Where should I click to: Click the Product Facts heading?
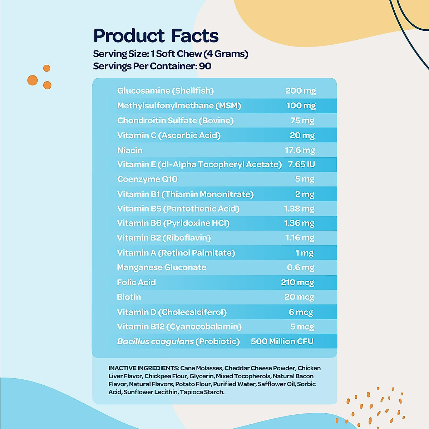(x=156, y=36)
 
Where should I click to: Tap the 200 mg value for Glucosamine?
(x=300, y=91)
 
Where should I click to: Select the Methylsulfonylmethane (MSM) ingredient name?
(x=179, y=106)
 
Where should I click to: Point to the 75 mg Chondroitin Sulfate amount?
(x=302, y=120)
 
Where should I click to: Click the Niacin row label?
(x=130, y=150)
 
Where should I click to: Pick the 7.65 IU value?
(x=301, y=164)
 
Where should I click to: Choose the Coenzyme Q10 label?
(x=147, y=179)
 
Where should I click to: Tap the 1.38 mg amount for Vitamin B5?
(x=299, y=209)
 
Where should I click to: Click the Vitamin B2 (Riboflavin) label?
(x=164, y=238)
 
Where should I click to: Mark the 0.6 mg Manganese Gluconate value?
(x=300, y=267)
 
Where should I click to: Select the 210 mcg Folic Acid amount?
(x=297, y=282)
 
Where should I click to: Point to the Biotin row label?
(x=129, y=297)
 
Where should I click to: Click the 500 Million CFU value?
(x=282, y=341)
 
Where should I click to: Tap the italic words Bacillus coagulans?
(x=155, y=341)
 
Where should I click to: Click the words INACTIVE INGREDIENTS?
(x=143, y=368)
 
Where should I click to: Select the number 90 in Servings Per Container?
(x=205, y=66)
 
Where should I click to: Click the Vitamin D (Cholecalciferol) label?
(x=172, y=312)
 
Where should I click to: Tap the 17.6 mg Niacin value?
(x=300, y=150)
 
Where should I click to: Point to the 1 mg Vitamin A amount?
(x=304, y=253)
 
